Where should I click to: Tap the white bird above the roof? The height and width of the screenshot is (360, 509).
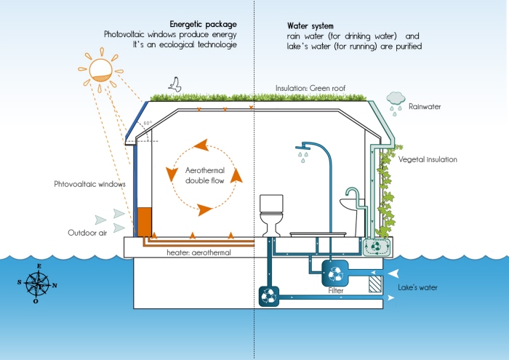[x=175, y=84]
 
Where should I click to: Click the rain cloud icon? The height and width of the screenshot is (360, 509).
[x=396, y=99]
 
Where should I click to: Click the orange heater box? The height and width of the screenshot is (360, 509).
[x=143, y=222]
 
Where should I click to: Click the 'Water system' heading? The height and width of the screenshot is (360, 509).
[x=310, y=25]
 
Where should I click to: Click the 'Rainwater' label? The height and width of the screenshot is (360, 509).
[x=425, y=106]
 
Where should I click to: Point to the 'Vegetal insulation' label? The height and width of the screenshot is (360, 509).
[x=430, y=158]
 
